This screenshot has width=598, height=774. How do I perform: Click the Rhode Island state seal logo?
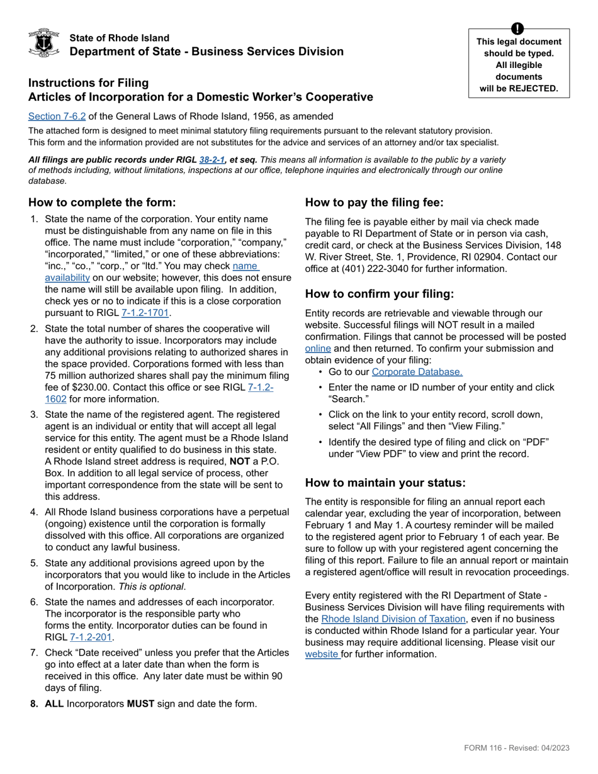[x=44, y=43]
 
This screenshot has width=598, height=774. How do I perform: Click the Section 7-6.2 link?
[x=57, y=116]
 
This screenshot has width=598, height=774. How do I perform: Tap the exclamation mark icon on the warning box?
[x=517, y=28]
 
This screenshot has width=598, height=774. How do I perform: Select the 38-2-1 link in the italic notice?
[x=212, y=160]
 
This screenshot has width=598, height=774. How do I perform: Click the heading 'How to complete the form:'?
[x=102, y=203]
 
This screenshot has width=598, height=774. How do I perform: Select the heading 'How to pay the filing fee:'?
[x=375, y=203]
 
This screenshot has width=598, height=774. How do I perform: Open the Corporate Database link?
[x=417, y=372]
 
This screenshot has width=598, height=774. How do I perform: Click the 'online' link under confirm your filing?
[x=318, y=348]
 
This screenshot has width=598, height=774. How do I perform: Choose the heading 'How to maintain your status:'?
[x=385, y=483]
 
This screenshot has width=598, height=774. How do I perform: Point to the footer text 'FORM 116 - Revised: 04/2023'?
[x=516, y=748]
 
